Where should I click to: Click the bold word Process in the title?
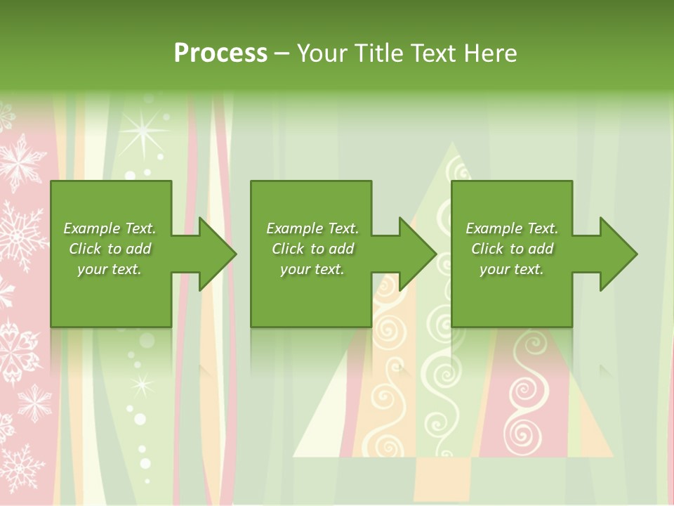pos(220,53)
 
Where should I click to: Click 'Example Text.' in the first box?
pos(110,228)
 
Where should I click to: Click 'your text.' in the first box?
pos(110,269)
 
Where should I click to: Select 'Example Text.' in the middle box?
pos(312,228)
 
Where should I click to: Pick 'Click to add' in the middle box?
pos(312,249)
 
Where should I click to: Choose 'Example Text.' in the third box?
pos(512,228)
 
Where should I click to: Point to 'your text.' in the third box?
pos(512,269)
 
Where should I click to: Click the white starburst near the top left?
pos(145,131)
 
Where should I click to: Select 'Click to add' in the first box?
pos(110,249)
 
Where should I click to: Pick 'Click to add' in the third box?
pos(512,249)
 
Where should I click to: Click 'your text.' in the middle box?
pos(312,269)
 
